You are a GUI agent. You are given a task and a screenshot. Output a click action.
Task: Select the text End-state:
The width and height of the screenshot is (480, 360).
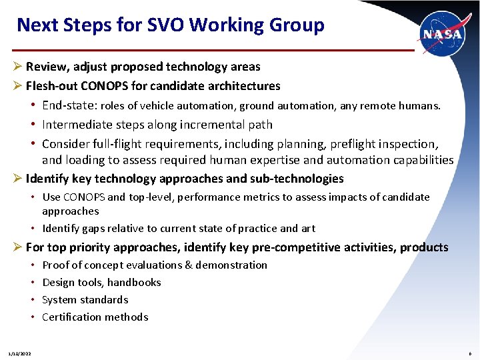click(x=69, y=105)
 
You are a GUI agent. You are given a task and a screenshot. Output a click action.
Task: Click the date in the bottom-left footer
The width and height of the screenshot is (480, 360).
click(x=20, y=353)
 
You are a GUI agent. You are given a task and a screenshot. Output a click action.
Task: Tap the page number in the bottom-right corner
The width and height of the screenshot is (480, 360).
click(x=469, y=353)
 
